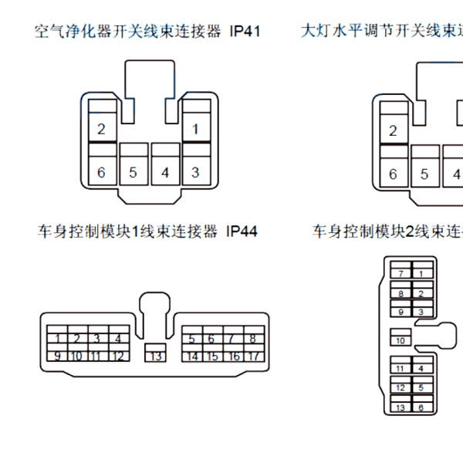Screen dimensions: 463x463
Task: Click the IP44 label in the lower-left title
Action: tap(242, 231)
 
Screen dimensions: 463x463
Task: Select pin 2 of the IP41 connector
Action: tap(101, 129)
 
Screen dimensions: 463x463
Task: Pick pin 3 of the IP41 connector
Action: tap(195, 172)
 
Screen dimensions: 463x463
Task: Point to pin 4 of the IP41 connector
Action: tap(164, 172)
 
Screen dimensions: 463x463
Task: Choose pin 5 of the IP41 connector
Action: tap(133, 172)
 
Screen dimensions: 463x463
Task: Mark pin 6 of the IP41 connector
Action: tap(101, 172)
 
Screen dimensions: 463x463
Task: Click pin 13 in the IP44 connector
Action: tap(156, 356)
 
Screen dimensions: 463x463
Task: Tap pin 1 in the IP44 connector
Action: tap(57, 338)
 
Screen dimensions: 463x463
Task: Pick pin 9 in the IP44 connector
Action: tap(57, 356)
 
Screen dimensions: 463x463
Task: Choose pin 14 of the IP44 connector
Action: tap(192, 356)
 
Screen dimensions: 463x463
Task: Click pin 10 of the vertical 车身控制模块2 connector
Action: tap(400, 340)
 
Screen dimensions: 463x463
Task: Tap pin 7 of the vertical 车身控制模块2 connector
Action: tap(400, 274)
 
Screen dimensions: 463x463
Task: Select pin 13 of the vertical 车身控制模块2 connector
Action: tap(400, 407)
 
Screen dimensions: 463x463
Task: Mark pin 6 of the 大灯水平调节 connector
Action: tap(393, 174)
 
